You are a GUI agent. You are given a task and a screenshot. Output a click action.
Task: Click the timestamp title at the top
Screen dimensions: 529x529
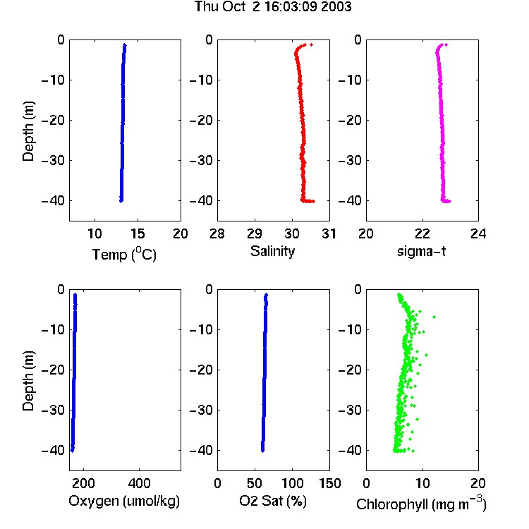pos(273,6)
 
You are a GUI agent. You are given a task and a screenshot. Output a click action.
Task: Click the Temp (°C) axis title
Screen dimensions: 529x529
pos(124,254)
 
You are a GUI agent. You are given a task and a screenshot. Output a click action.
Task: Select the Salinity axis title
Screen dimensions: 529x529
pos(272,251)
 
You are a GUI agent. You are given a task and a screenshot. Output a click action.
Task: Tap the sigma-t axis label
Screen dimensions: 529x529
pos(421,251)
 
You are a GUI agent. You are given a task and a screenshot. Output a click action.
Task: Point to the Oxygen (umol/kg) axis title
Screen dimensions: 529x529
pos(124,501)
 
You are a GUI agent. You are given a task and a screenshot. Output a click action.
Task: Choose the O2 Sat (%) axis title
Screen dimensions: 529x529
pos(273,501)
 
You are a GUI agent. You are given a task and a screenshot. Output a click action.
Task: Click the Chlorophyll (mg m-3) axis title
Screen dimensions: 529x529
pos(421,503)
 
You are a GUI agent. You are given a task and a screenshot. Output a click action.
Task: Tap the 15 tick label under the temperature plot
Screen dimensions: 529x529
pos(138,233)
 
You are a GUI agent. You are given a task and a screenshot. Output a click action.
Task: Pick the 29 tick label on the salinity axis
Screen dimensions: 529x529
pos(255,233)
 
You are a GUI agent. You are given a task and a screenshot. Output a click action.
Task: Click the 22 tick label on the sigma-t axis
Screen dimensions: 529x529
pos(422,233)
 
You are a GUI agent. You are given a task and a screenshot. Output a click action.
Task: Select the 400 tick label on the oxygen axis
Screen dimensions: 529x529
pos(140,483)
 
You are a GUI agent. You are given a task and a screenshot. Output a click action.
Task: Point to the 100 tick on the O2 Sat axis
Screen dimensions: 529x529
pos(292,483)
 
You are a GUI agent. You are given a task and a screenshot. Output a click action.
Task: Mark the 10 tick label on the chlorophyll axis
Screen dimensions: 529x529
pos(422,483)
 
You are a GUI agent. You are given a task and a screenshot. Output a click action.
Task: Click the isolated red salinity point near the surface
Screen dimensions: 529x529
pos(311,44)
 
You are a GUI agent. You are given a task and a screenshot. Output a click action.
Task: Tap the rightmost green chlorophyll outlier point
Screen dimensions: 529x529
pos(434,317)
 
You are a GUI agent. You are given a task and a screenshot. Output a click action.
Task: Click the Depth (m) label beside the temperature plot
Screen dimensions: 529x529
pos(28,131)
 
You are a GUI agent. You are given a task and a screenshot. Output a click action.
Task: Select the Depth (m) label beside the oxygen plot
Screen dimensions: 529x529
pos(28,381)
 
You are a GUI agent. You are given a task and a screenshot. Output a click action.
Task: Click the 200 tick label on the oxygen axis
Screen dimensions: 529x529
pos(83,483)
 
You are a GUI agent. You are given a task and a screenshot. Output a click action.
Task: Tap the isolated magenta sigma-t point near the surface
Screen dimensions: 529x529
pos(446,44)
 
